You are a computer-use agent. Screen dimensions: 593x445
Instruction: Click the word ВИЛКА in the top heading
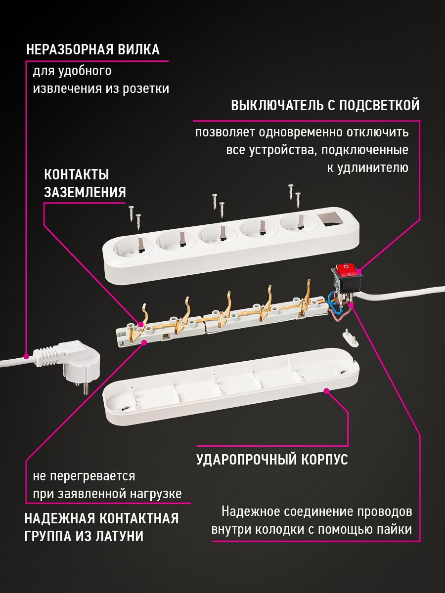(x=139, y=50)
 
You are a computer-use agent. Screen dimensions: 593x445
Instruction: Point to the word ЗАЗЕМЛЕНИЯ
(x=85, y=192)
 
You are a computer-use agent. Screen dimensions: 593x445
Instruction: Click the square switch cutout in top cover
(x=328, y=219)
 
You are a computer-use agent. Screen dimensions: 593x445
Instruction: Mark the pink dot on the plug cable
(x=26, y=355)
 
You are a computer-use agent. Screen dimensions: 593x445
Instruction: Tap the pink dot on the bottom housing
(x=326, y=391)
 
